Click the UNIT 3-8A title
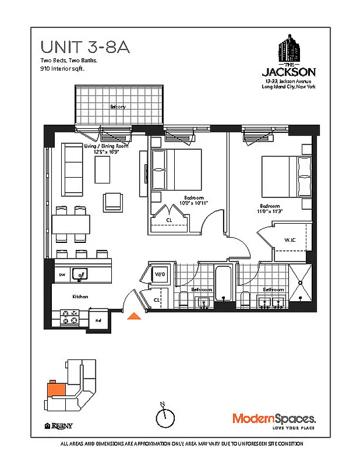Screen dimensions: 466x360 (x=84, y=47)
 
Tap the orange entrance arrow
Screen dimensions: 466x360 (x=134, y=316)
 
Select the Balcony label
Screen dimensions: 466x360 (x=118, y=107)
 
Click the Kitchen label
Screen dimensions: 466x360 (x=80, y=296)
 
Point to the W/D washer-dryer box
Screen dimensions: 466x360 (x=159, y=274)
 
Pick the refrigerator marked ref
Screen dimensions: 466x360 (x=98, y=319)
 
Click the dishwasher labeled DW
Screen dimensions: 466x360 (x=62, y=274)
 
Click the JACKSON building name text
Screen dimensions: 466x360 (x=289, y=72)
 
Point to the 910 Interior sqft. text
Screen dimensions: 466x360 (x=62, y=69)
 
